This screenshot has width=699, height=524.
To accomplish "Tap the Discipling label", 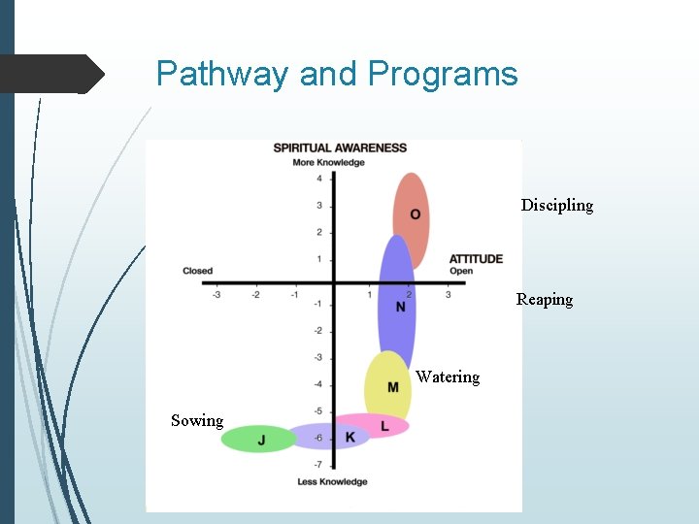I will tap(556, 205).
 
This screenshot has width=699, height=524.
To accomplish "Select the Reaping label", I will tap(544, 299).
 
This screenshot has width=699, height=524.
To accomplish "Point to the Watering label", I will tap(448, 377).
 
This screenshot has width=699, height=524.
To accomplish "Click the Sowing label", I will tap(197, 420).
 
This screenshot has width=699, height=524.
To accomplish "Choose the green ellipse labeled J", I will tap(257, 440).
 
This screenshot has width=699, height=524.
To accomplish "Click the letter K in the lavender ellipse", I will tap(350, 438).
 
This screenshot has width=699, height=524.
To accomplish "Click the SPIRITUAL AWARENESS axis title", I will tap(340, 147).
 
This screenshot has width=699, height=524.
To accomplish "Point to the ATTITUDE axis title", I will tap(476, 258).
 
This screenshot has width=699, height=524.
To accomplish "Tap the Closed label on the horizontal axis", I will tap(197, 271).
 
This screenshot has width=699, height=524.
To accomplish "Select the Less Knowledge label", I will tap(332, 481).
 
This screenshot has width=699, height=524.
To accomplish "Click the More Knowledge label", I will tap(329, 162).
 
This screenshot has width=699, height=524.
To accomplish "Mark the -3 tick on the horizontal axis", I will tap(216, 294).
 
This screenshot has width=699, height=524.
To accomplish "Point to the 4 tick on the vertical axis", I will tap(319, 179).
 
